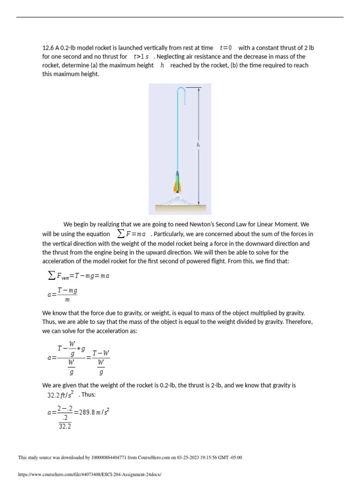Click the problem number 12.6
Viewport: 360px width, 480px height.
tap(48, 48)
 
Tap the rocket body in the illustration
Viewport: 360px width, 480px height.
tap(177, 180)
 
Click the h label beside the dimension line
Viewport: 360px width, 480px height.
tap(198, 145)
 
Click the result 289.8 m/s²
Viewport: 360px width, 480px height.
tap(91, 413)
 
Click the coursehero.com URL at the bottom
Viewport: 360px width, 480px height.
tap(89, 474)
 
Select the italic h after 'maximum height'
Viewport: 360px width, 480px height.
tap(162, 66)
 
